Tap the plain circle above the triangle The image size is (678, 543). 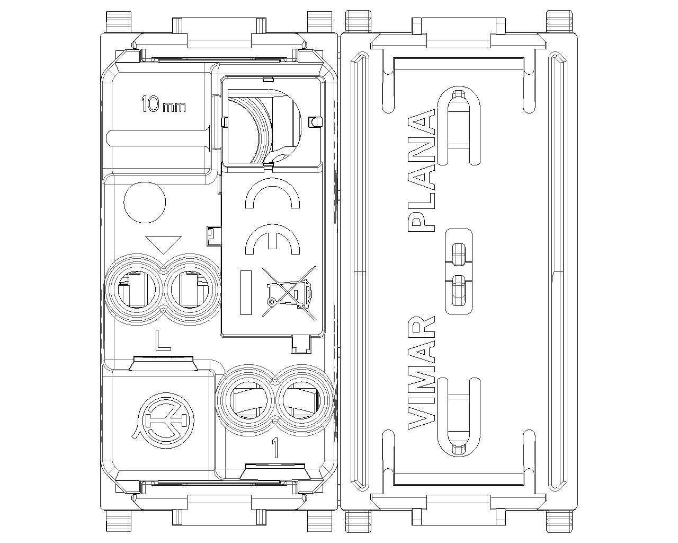click(145, 202)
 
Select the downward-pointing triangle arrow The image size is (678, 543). click(164, 244)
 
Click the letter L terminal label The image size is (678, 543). click(163, 340)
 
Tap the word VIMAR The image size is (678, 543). click(421, 372)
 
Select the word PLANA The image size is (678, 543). click(421, 170)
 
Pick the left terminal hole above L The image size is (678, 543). click(137, 290)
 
